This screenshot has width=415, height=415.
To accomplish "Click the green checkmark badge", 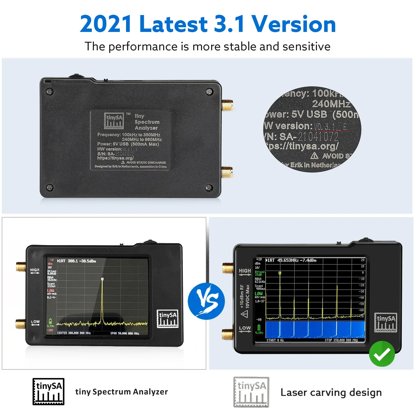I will (382, 354).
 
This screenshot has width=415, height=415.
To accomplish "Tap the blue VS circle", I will (206, 301).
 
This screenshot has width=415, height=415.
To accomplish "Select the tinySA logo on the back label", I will (114, 121).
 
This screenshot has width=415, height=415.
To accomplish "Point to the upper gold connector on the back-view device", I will (227, 106).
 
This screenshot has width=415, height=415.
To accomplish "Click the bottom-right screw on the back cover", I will (209, 188).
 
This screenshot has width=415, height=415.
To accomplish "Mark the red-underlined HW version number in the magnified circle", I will (330, 127).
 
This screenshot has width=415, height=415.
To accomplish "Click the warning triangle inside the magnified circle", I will (314, 156).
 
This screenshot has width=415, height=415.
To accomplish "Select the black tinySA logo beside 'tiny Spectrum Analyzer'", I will (48, 391).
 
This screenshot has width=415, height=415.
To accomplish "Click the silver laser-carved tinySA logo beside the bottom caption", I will (251, 392).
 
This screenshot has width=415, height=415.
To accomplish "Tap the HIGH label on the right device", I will (245, 271).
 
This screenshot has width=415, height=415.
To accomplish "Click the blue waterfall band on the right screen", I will (315, 329).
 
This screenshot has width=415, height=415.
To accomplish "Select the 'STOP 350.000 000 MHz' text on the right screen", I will (341, 340).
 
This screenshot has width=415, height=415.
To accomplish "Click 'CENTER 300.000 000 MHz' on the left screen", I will (74, 333).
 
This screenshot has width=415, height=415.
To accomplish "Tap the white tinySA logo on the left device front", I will (168, 319).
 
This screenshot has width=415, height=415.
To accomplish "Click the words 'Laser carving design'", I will (331, 392).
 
